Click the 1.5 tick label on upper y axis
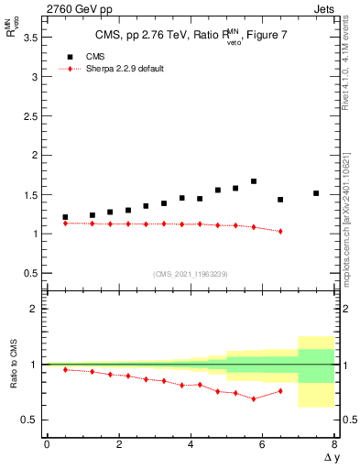pyautogui.click(x=34, y=194)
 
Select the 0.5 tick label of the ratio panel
pyautogui.click(x=34, y=420)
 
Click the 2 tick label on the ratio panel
pyautogui.click(x=38, y=309)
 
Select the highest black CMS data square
pyautogui.click(x=254, y=181)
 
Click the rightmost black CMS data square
pyautogui.click(x=316, y=193)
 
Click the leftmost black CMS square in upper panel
pyautogui.click(x=65, y=217)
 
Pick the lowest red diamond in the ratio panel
pyautogui.click(x=254, y=398)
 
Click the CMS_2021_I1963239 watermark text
pyautogui.click(x=191, y=273)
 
